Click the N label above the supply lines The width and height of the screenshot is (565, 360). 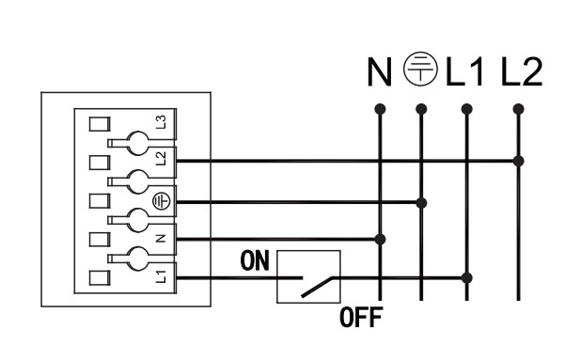point(380,72)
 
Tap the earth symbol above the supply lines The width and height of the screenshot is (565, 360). point(420,69)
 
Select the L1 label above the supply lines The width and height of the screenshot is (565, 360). point(464,72)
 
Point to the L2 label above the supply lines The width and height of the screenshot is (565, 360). point(522,72)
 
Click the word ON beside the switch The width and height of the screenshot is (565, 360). point(255,260)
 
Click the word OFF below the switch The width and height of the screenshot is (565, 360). point(361,318)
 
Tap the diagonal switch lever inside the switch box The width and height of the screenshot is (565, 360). point(317,288)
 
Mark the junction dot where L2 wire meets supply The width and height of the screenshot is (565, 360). point(518,161)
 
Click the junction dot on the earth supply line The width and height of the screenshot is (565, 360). point(421,203)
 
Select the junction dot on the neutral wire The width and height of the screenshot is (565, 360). point(380,239)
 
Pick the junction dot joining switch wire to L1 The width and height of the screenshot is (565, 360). point(466,278)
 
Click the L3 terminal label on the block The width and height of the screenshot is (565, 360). point(161,122)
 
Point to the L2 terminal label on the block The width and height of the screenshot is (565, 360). point(161,159)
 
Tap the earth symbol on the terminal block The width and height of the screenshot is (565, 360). point(161,201)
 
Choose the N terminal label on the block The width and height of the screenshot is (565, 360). point(161,238)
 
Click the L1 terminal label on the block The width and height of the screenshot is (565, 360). point(161,276)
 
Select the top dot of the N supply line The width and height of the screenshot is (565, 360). point(380,109)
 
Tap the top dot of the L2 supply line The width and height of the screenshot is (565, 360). point(518,109)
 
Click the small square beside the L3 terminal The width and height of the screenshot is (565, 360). point(100,124)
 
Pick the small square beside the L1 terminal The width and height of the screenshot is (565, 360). point(100,278)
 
